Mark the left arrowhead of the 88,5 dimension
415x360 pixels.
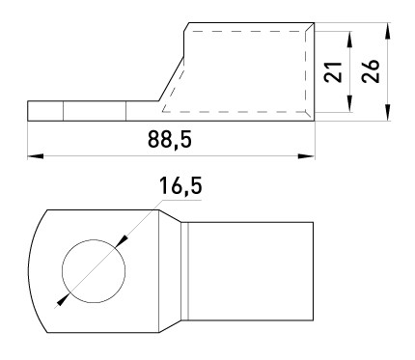tap(35, 154)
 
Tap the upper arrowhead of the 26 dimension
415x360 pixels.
tap(386, 31)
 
